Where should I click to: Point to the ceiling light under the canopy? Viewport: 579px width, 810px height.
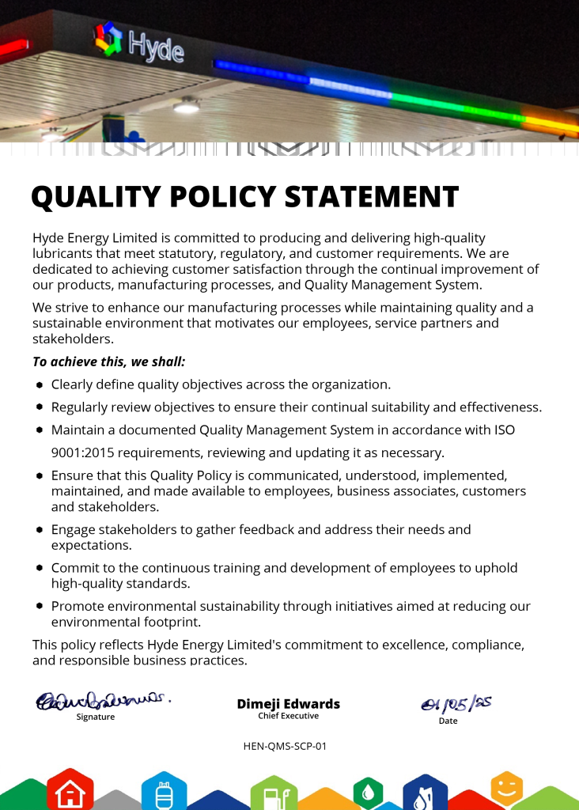[x=187, y=105]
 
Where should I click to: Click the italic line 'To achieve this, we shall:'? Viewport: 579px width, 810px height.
[x=109, y=361]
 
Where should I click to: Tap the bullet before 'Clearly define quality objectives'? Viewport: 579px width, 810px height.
[x=40, y=385]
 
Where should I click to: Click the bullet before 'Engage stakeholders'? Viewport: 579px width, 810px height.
[x=40, y=530]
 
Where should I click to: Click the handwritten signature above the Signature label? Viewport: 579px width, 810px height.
[x=102, y=700]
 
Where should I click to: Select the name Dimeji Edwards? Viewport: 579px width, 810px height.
[x=288, y=703]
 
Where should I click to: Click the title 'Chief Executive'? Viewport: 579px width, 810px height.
[x=288, y=716]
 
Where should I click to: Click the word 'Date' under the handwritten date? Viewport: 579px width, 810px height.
[x=448, y=721]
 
